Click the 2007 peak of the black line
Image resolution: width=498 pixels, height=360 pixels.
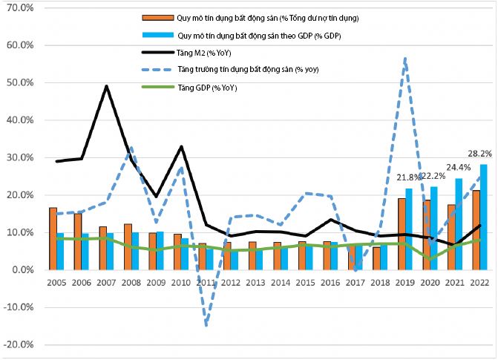tap(107, 86)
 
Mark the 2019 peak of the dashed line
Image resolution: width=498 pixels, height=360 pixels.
tap(405, 58)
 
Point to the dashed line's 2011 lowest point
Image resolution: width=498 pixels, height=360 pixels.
tap(205, 325)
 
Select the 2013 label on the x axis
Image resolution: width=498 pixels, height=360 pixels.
tap(255, 282)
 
